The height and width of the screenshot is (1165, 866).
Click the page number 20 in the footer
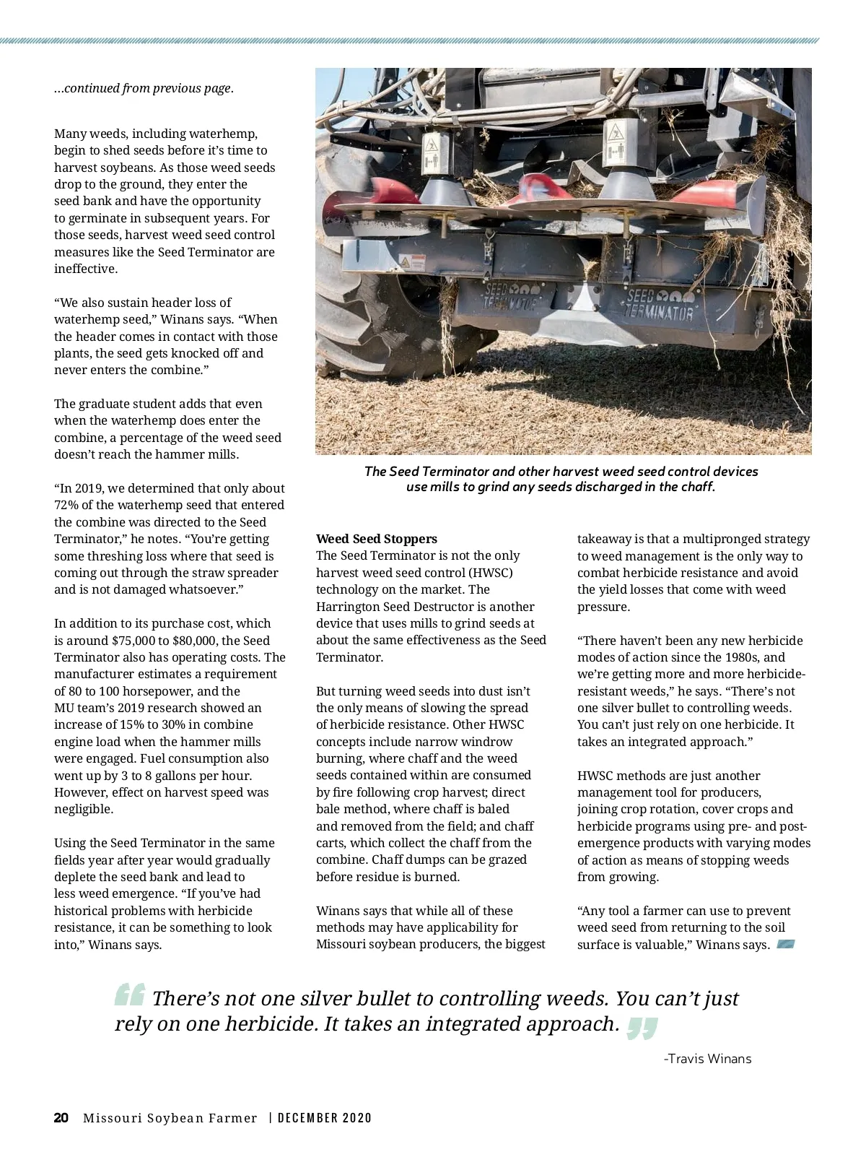coord(61,1118)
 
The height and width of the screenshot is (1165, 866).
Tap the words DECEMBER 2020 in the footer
coord(325,1118)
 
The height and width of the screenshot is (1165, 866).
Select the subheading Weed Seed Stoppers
coord(377,539)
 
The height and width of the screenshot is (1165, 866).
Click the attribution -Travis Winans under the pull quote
coord(707,1059)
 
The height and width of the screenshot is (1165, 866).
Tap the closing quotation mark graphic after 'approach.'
coord(642,1028)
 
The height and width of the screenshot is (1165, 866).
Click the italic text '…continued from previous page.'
coord(144,88)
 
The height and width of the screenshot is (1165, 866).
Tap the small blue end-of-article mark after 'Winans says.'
coord(786,944)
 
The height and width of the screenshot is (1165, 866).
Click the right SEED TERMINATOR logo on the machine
coord(658,305)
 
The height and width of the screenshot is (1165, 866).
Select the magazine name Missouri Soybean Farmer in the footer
coord(170,1118)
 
